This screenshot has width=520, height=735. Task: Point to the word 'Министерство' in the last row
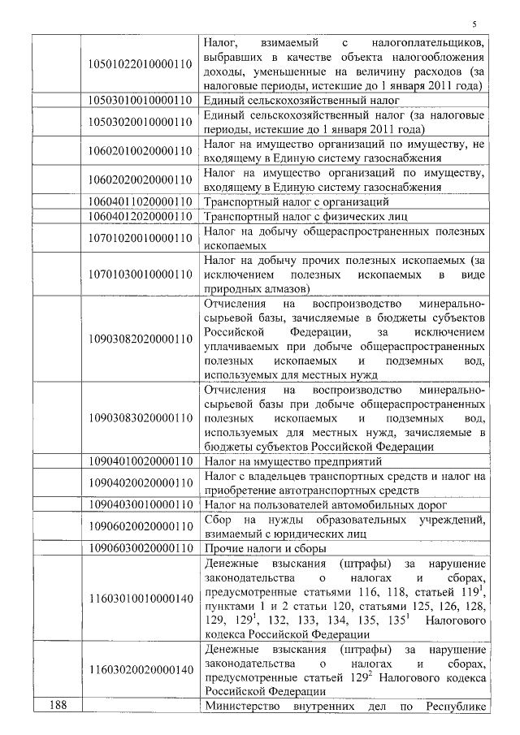[240, 706]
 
